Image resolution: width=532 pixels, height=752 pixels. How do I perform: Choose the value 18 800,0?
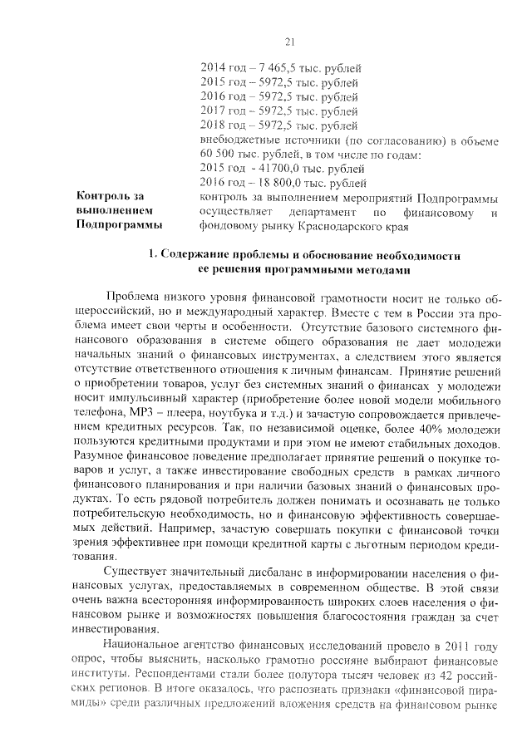279,182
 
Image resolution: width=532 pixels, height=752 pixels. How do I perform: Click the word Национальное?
147,644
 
